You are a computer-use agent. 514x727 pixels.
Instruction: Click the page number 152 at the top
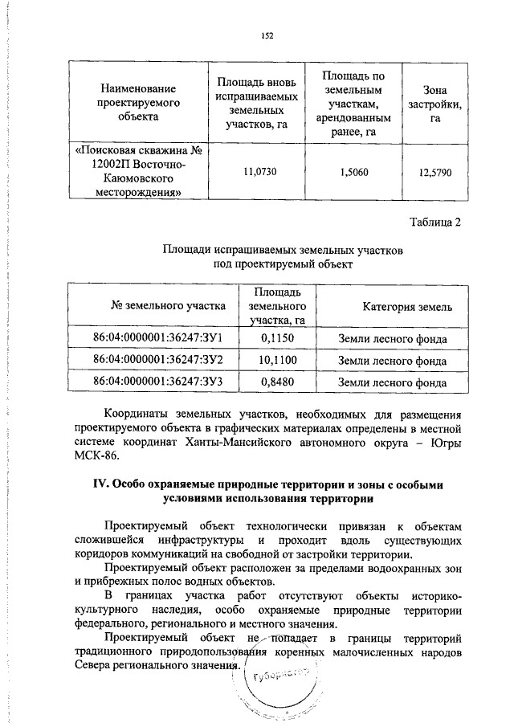pyautogui.click(x=267, y=35)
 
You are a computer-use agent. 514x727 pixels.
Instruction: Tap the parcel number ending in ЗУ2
pyautogui.click(x=157, y=360)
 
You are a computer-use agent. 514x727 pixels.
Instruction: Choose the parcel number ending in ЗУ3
pyautogui.click(x=157, y=382)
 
